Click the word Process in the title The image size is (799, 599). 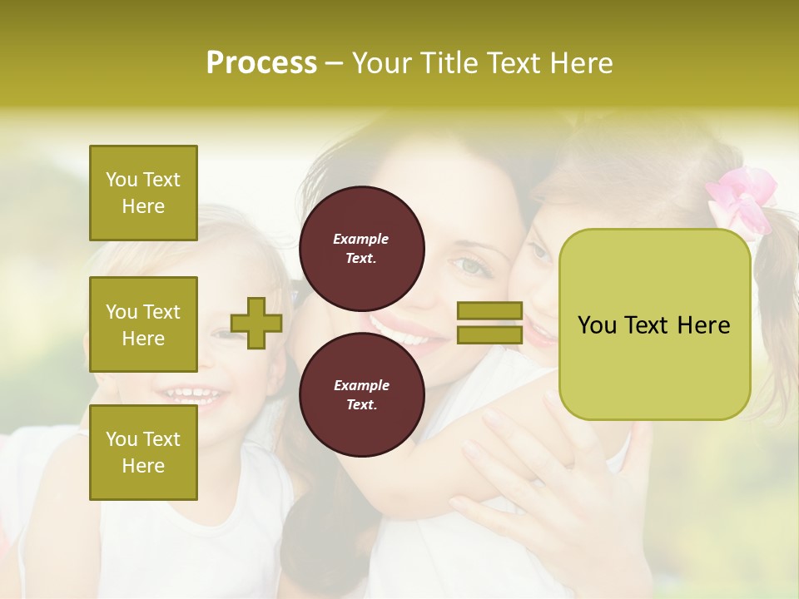coord(261,63)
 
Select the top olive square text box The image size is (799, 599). coord(143,193)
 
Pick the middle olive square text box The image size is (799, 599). coord(143,324)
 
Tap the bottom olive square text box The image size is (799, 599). coord(143,453)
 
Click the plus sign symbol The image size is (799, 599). coord(256,324)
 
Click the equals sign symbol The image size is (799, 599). coord(489,324)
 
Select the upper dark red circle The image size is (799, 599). coord(362,249)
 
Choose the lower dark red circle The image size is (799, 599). coord(362,395)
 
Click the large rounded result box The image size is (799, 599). coord(654,324)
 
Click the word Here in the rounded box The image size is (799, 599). coord(703,325)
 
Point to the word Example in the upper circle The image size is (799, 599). coord(361,239)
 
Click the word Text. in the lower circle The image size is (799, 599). coord(361,405)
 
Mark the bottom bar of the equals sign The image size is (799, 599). coord(489,335)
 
